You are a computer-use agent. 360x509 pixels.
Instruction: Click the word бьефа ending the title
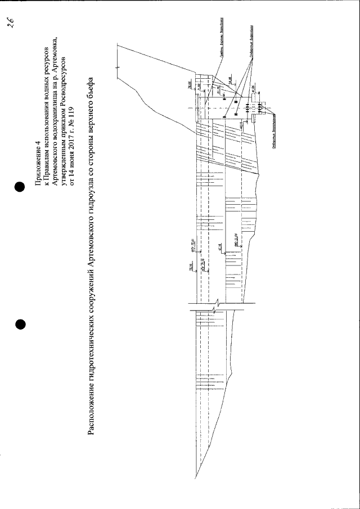pos(93,84)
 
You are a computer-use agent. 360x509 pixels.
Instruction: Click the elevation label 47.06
pos(254,88)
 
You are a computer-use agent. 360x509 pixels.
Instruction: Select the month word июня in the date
pos(71,149)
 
